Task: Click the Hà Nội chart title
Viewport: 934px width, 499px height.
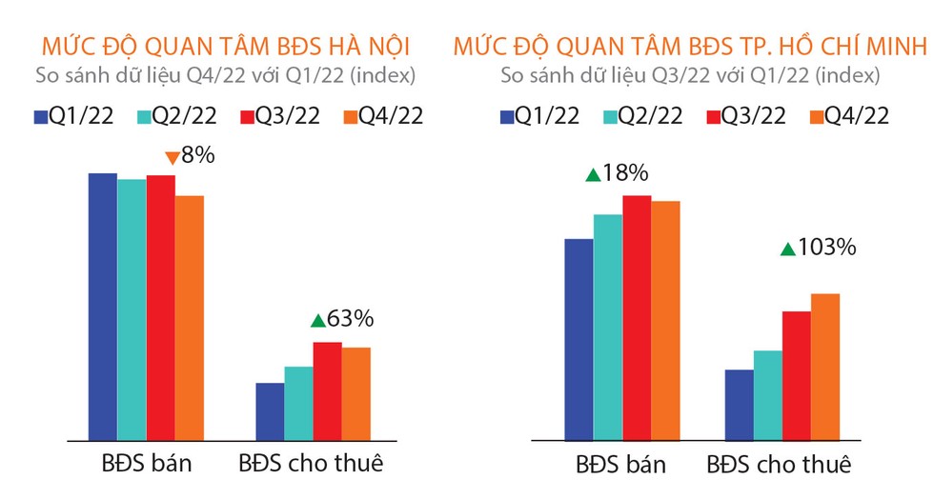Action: coord(227,46)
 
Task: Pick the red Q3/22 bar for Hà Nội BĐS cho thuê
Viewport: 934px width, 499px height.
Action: coord(328,390)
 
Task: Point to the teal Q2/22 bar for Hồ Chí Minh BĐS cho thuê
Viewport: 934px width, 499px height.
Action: coord(767,395)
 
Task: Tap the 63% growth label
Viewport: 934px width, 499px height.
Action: coord(351,319)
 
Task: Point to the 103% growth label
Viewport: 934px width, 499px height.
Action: coord(828,248)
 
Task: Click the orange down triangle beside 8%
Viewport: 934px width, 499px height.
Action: coord(173,156)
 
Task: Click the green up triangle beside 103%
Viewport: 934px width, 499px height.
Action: coord(787,249)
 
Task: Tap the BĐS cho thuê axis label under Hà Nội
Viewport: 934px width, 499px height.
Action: coord(311,464)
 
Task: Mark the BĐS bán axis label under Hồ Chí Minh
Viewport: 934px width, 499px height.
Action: coord(620,466)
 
